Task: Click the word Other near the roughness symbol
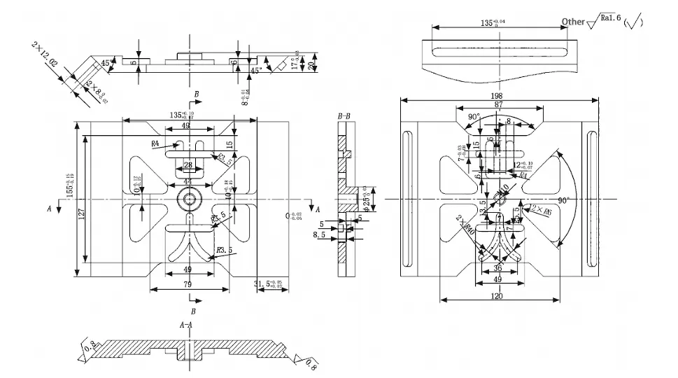[x=573, y=21]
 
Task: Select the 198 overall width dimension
[x=497, y=95]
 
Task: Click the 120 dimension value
[x=497, y=297]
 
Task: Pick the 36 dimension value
[x=498, y=268]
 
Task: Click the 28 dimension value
[x=188, y=165]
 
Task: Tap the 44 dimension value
[x=188, y=181]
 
